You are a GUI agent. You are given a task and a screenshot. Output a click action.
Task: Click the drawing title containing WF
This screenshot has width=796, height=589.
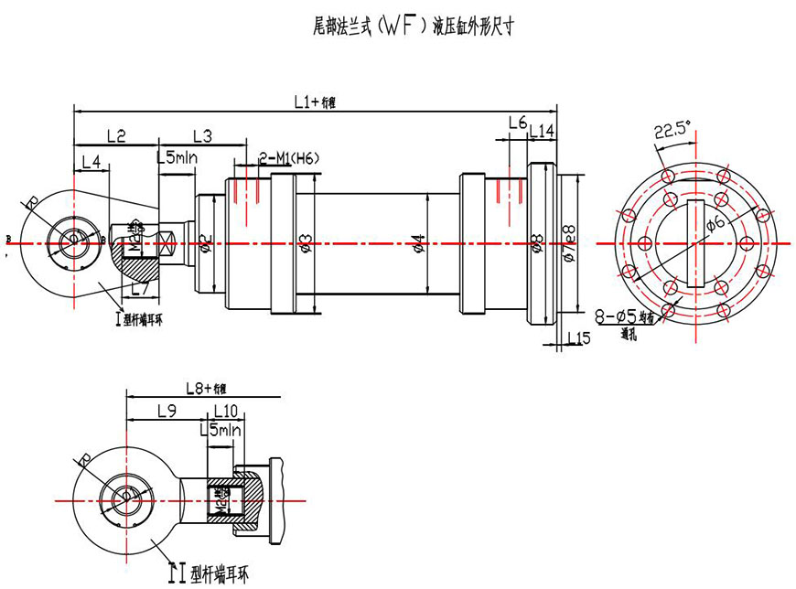413,27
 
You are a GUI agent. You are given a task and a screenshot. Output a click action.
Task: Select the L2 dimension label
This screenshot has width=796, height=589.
116,136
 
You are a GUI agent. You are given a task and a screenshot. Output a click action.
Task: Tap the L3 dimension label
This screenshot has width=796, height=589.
202,136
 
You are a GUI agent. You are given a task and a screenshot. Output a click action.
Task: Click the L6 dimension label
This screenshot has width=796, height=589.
516,123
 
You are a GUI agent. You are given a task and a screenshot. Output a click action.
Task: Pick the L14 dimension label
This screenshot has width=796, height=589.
542,132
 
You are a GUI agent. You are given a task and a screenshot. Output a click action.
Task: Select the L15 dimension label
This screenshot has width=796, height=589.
578,338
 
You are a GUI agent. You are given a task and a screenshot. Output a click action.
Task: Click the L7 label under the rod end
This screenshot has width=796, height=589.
139,288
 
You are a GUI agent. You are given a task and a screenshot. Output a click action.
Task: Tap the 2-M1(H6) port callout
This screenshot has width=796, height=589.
289,158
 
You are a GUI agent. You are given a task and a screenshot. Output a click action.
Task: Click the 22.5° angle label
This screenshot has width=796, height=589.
672,131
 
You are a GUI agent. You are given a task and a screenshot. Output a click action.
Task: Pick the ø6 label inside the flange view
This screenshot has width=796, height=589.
716,222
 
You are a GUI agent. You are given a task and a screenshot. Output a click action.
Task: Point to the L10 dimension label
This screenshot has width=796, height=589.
225,411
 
